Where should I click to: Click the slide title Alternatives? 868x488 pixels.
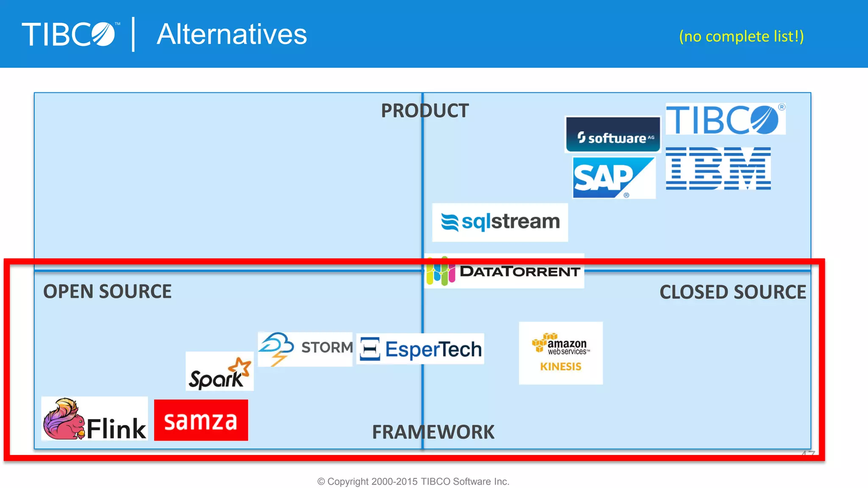(x=232, y=34)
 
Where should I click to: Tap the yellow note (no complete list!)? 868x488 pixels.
(x=741, y=36)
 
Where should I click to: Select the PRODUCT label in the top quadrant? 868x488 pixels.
(x=425, y=111)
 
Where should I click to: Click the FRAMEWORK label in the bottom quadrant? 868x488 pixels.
(x=433, y=432)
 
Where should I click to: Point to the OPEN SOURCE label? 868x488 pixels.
(x=107, y=291)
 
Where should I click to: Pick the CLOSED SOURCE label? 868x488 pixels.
(x=733, y=292)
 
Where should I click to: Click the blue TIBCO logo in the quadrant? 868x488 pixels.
(x=725, y=119)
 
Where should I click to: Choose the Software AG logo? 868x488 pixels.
(x=613, y=135)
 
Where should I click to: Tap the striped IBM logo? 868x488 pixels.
(x=718, y=169)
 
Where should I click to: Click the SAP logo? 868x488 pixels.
(x=613, y=177)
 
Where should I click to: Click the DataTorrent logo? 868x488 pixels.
(x=504, y=272)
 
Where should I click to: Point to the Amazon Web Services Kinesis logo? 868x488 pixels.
(x=561, y=353)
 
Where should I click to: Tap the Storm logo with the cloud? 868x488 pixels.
(x=305, y=349)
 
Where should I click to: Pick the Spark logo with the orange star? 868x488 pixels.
(x=220, y=372)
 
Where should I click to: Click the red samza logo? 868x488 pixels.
(x=201, y=420)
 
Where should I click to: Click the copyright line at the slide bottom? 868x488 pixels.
(x=413, y=482)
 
